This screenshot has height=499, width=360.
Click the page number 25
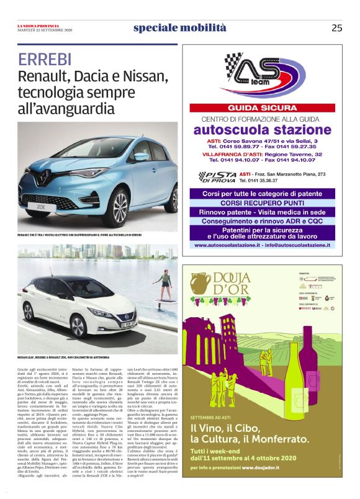[336, 28]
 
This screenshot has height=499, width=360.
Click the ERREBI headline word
[44, 60]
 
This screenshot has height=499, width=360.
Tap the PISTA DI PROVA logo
[217, 176]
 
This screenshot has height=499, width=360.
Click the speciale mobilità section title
[179, 28]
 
